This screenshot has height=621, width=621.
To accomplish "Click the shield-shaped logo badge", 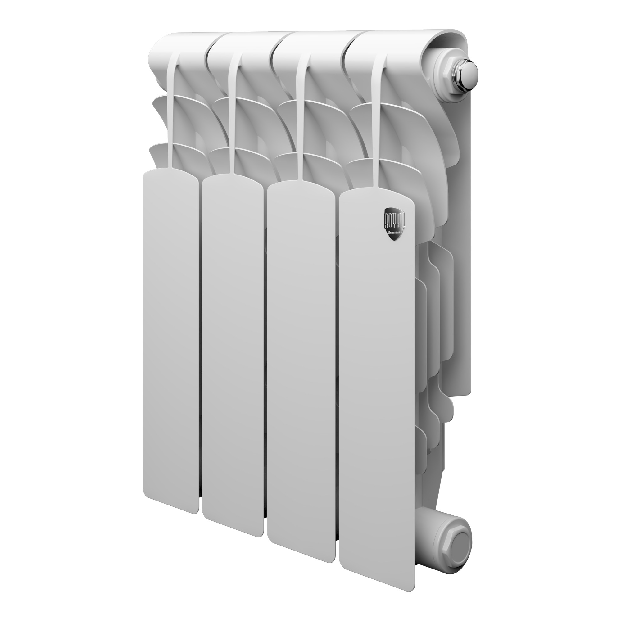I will (394, 224).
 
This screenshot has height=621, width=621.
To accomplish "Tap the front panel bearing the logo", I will (376, 386).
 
